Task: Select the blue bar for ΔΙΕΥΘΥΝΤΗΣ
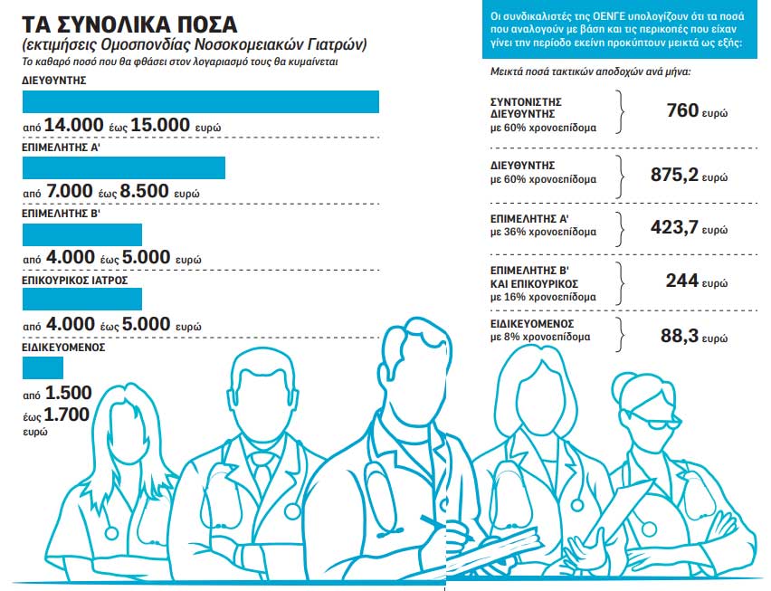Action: click(200, 101)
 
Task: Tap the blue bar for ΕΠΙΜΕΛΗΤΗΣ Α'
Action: click(123, 167)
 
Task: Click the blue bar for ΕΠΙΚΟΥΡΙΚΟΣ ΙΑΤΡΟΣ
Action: click(81, 301)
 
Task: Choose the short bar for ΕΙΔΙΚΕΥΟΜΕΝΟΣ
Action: click(43, 367)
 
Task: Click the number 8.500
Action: click(144, 192)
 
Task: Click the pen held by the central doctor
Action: click(434, 523)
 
